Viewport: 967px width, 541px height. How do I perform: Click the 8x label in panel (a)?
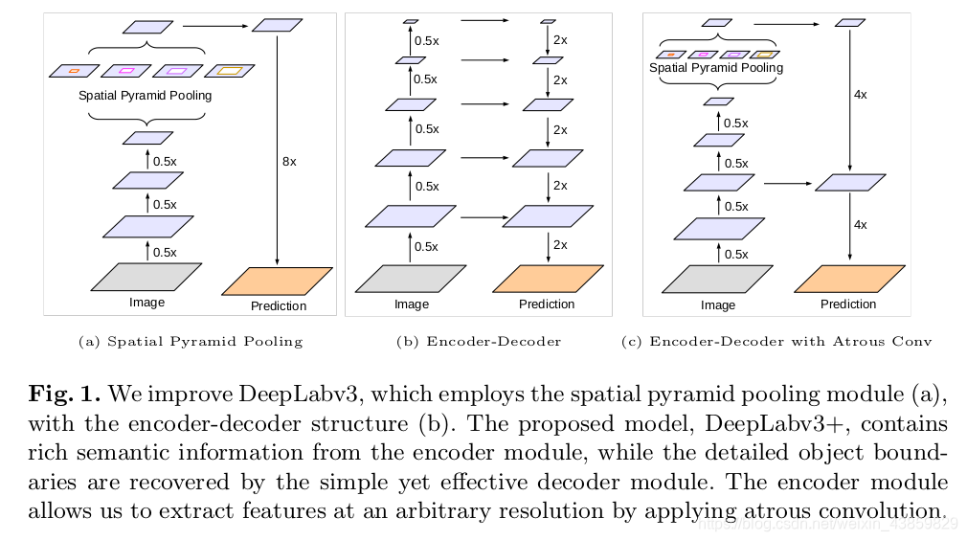[x=289, y=162]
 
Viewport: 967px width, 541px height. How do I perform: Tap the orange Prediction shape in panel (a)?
[x=278, y=281]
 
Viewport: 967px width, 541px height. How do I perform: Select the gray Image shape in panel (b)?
[x=411, y=279]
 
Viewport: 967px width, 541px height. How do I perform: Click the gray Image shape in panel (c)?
[x=718, y=280]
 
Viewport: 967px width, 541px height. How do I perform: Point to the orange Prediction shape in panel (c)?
[x=848, y=279]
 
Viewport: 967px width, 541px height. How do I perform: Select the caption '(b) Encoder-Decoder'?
[x=479, y=341]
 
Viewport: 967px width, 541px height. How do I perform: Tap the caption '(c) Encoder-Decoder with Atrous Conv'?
[x=776, y=341]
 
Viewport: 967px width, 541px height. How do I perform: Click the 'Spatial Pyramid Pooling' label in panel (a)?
[x=146, y=96]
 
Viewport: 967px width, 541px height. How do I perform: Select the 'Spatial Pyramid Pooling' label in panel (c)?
[x=716, y=68]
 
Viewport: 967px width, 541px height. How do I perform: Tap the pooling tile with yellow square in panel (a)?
[x=230, y=70]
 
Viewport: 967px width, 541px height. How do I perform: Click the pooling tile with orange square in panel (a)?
[x=74, y=71]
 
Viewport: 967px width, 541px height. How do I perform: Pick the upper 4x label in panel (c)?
[x=860, y=95]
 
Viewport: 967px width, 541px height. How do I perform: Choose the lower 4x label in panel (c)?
[x=860, y=225]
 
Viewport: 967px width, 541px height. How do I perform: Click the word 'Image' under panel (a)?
[x=146, y=303]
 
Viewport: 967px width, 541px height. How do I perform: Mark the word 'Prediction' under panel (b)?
[x=547, y=304]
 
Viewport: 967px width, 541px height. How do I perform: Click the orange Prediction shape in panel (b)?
[x=548, y=279]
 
